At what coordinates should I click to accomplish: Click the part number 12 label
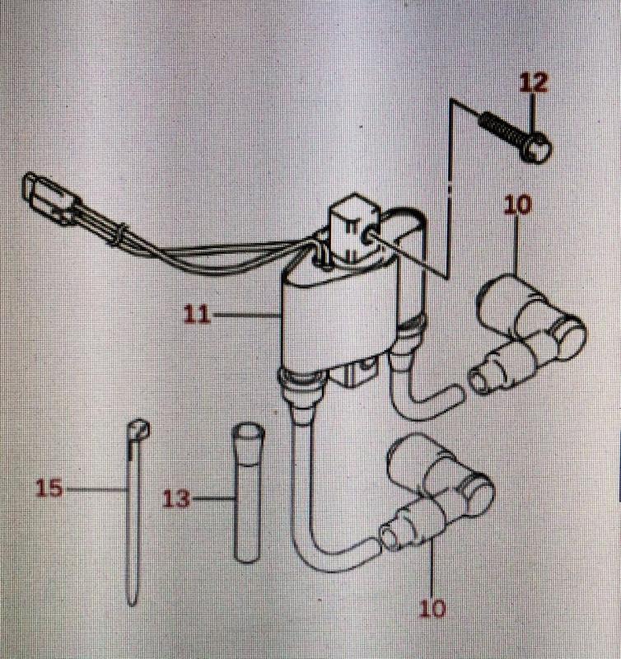click(533, 83)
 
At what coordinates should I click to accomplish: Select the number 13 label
click(175, 498)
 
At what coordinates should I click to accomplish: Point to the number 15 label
click(49, 488)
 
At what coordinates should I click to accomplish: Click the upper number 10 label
click(518, 205)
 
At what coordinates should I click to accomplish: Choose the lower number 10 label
click(432, 610)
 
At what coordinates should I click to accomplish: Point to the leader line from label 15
click(95, 488)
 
